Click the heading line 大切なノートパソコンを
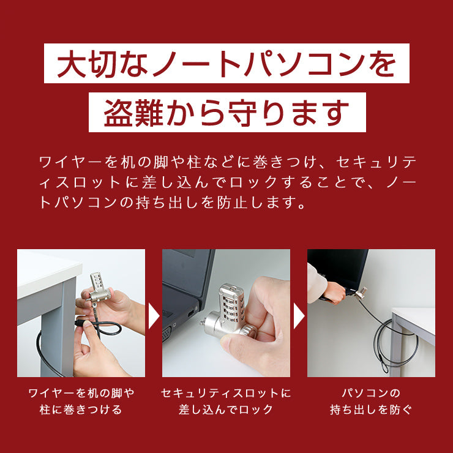coord(226,64)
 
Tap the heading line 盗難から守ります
coord(226,112)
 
